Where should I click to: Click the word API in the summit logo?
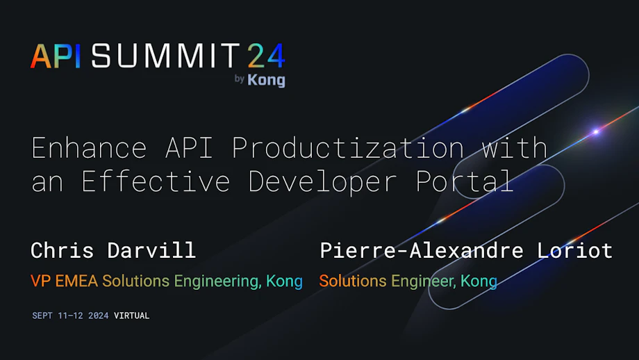(56, 56)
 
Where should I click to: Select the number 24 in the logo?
(265, 56)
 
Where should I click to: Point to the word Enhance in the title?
(90, 148)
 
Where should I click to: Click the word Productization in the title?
(347, 148)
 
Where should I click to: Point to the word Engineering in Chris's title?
(216, 282)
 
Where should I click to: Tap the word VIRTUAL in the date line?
(131, 316)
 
